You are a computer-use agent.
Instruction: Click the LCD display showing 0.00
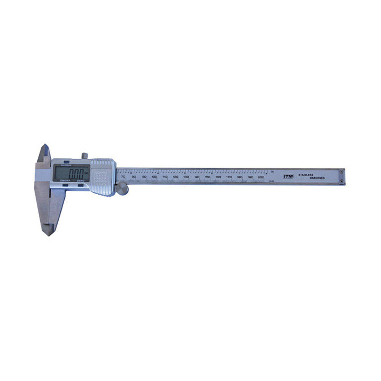(x=71, y=173)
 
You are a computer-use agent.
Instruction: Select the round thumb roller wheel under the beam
(x=122, y=188)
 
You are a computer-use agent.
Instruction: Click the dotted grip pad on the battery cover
(x=101, y=177)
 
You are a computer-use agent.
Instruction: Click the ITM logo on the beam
(x=288, y=176)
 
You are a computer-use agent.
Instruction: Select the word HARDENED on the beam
(x=317, y=178)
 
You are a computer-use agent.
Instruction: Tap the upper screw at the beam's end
(x=342, y=171)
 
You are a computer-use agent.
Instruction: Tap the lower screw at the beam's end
(x=342, y=181)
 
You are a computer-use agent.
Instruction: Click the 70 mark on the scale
(x=122, y=177)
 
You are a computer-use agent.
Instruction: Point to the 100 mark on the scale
(x=154, y=177)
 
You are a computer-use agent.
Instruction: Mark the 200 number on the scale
(x=261, y=177)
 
